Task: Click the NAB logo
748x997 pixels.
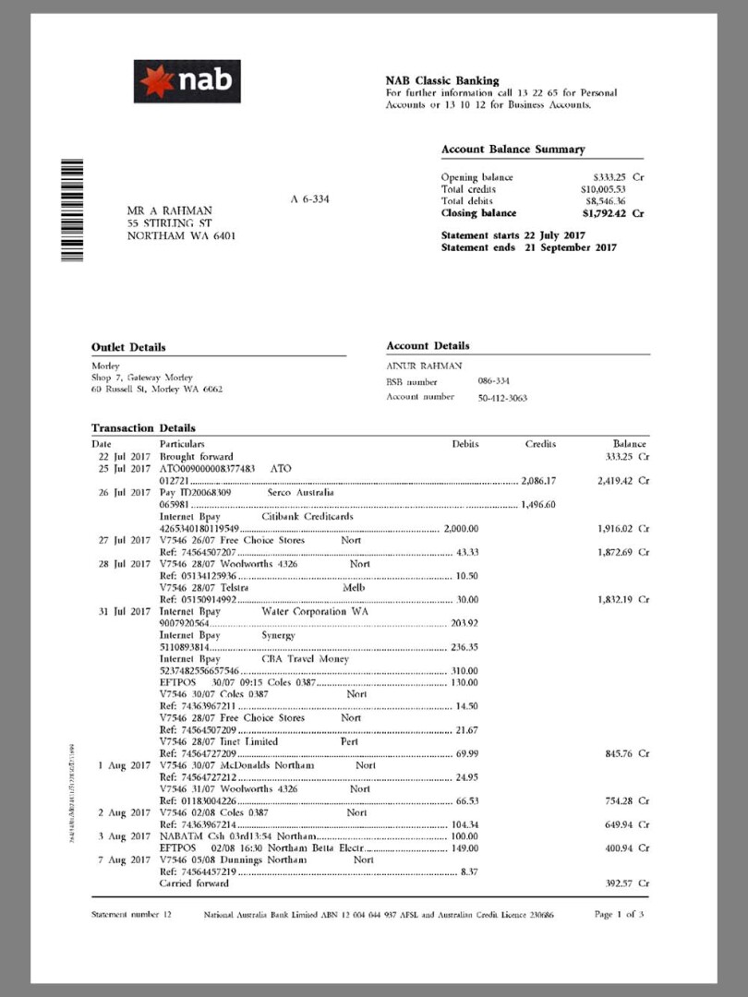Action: tap(187, 81)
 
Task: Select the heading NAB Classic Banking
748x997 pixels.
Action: tap(442, 80)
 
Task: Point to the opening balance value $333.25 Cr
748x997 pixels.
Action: tap(618, 177)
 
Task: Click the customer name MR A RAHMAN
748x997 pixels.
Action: tap(169, 210)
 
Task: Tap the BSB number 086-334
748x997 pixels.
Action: tap(494, 380)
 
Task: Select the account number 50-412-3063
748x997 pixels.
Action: tap(503, 398)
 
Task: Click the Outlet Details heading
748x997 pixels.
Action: tap(128, 347)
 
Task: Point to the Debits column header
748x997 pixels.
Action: tap(465, 444)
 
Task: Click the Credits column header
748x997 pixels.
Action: tap(540, 444)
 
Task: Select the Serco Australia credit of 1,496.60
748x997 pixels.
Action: tap(537, 505)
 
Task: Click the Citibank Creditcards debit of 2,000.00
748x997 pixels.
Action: tap(460, 529)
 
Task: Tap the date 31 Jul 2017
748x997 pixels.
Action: tap(124, 611)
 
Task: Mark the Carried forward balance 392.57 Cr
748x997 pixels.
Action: tap(620, 883)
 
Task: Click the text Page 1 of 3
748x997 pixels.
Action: tap(620, 915)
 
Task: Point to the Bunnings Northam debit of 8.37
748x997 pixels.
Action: tap(468, 871)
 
